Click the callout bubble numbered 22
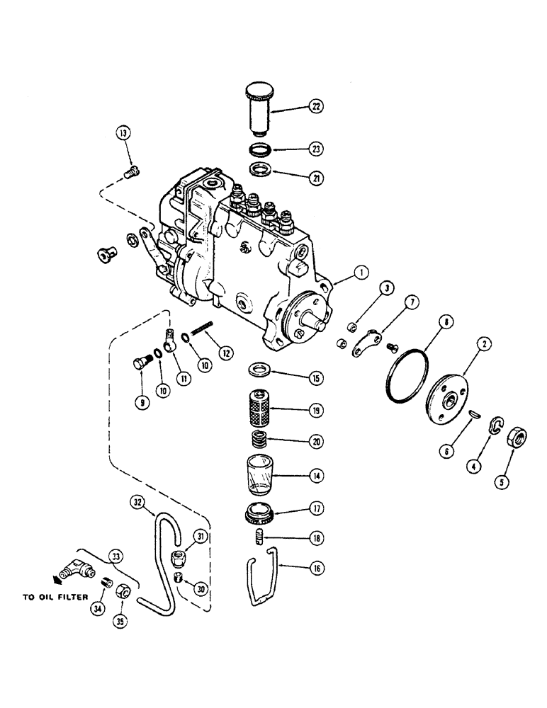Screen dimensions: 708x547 click(x=313, y=108)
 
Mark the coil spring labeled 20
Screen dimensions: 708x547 click(x=264, y=438)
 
